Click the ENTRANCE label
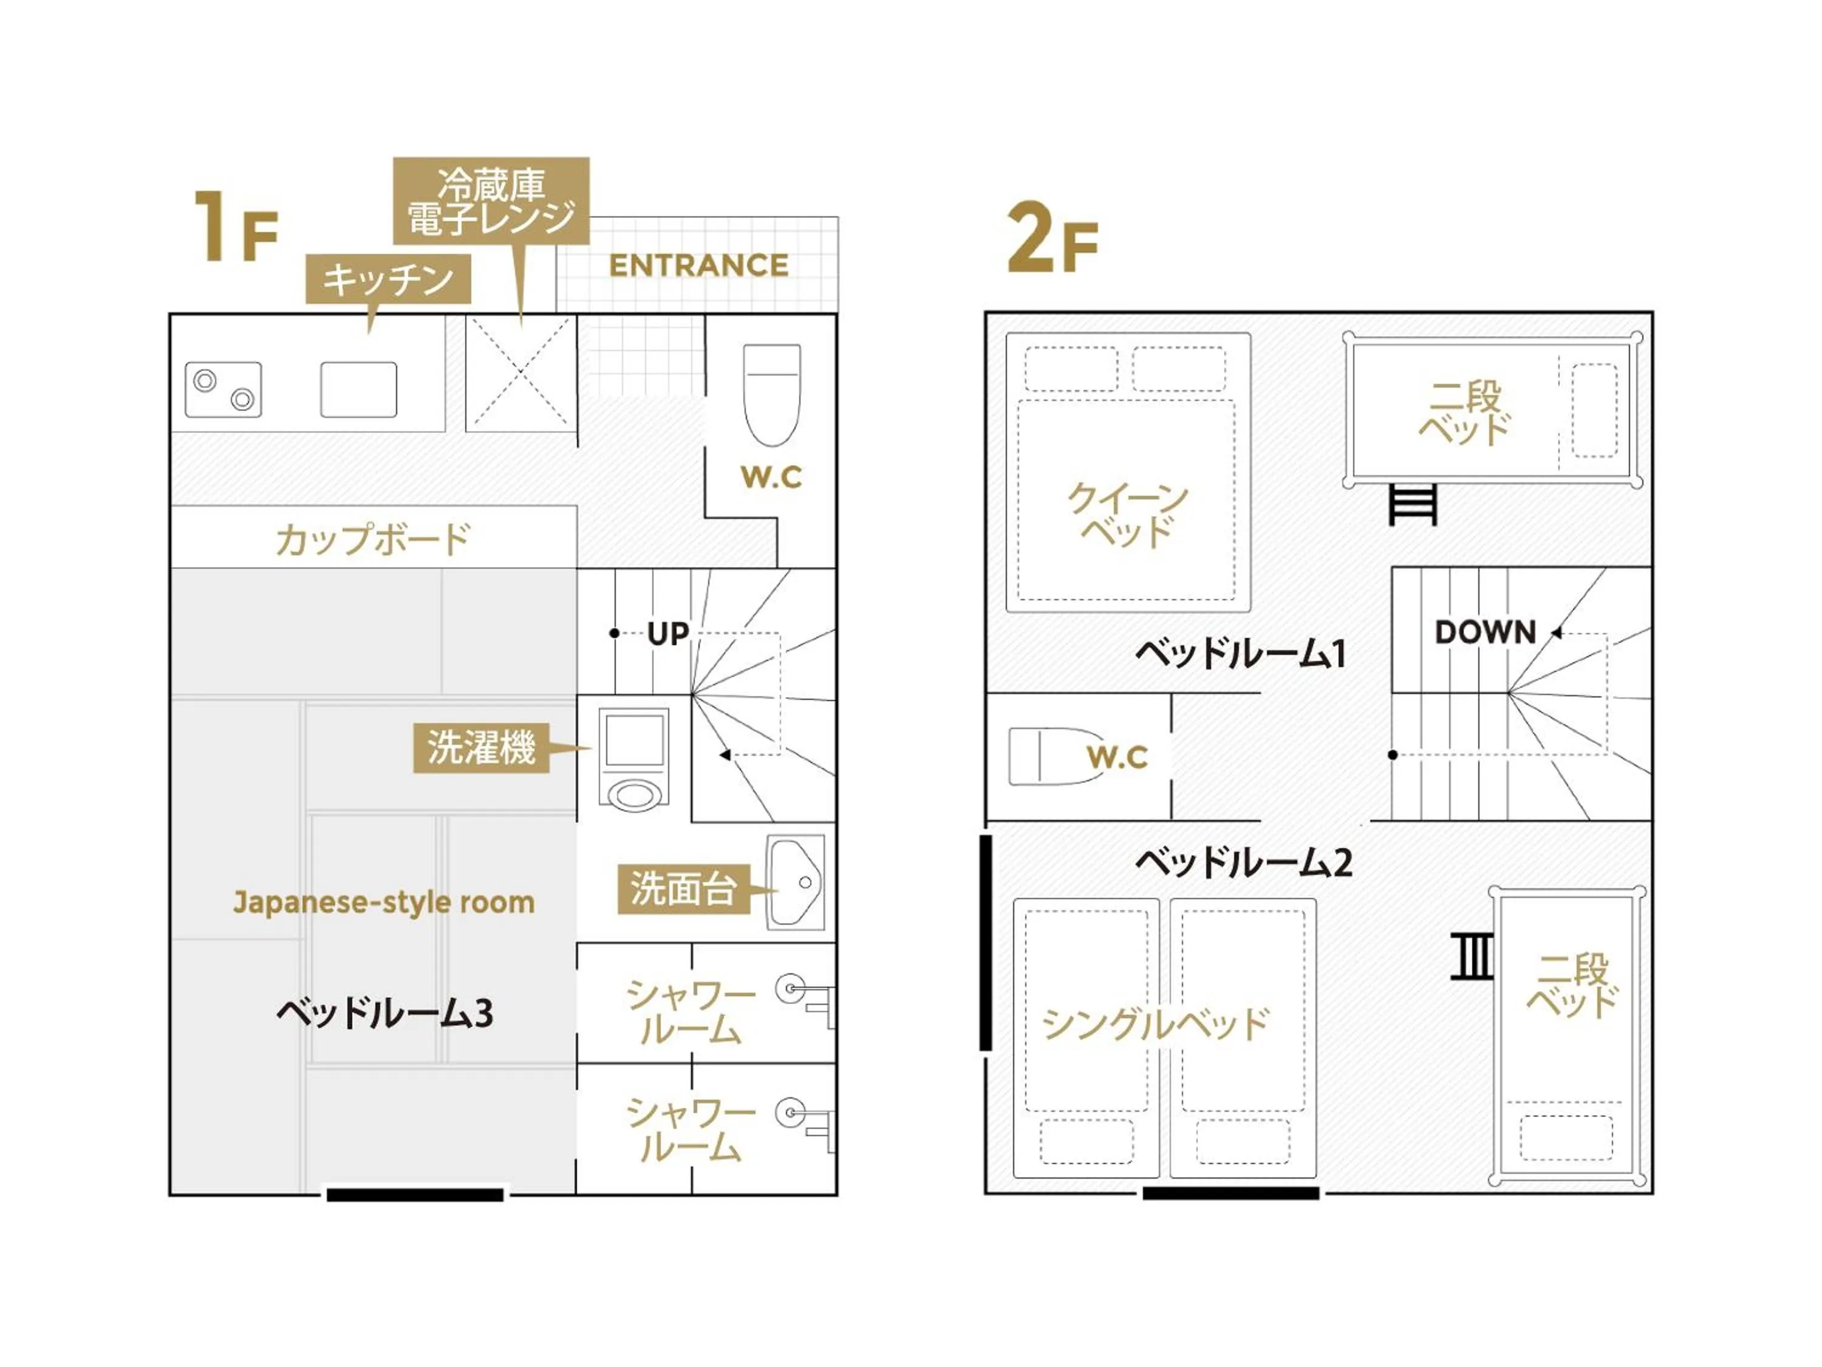click(698, 266)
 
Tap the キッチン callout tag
click(388, 278)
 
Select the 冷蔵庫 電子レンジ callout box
click(491, 200)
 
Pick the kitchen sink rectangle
click(358, 389)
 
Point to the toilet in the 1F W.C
click(772, 394)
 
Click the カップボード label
click(372, 539)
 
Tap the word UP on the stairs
click(667, 634)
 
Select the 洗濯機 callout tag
click(481, 748)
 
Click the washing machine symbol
click(633, 759)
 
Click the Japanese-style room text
click(384, 902)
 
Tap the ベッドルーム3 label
click(384, 1013)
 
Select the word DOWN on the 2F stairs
click(1485, 632)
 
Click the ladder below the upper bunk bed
click(1413, 504)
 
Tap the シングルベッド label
click(1156, 1024)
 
